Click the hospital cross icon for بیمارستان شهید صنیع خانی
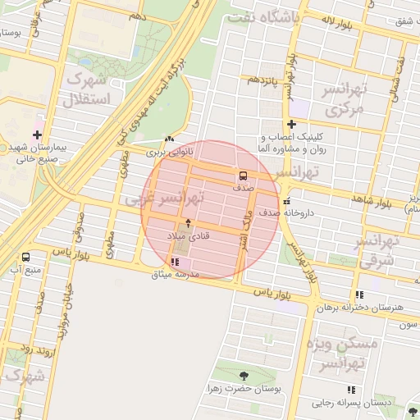click(x=37, y=135)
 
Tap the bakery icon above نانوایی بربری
click(x=169, y=139)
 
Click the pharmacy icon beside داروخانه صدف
click(x=285, y=201)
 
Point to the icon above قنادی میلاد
click(x=189, y=222)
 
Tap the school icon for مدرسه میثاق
click(x=174, y=262)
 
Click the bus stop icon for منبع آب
click(x=25, y=256)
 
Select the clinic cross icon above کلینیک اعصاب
click(x=291, y=124)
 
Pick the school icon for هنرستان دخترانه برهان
click(x=359, y=294)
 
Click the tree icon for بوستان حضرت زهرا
click(x=243, y=375)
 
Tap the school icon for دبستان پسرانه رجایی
click(x=351, y=390)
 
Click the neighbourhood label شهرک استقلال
click(x=80, y=91)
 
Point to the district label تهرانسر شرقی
click(x=377, y=250)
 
